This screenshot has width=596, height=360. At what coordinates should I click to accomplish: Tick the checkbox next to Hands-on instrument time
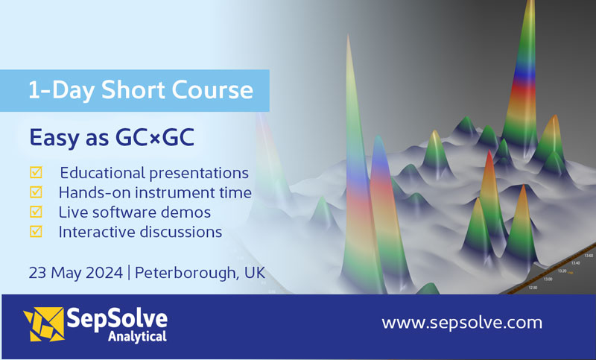click(x=36, y=192)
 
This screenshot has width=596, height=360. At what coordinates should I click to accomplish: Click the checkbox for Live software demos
click(x=36, y=212)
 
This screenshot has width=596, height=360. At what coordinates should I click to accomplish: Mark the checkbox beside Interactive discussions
click(x=36, y=232)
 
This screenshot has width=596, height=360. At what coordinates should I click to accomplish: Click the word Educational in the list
click(x=107, y=173)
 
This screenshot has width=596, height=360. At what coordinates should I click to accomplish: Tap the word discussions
click(x=179, y=232)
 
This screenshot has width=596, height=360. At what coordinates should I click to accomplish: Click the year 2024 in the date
click(x=102, y=273)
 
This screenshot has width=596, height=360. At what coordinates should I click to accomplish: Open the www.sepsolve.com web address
click(x=462, y=323)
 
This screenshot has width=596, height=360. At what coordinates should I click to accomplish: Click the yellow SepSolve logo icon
click(x=43, y=326)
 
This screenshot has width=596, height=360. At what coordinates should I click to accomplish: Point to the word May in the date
click(x=65, y=273)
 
